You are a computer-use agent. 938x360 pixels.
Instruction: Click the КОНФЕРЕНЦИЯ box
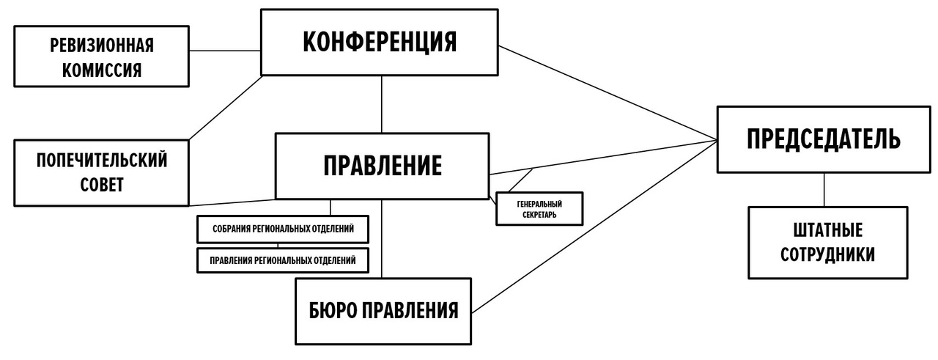[380, 42]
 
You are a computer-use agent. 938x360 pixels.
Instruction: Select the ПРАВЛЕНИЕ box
[382, 166]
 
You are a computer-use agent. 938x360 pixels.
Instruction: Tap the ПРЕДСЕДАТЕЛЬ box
[824, 139]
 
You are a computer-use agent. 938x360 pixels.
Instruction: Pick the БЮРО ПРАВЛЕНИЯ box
[382, 310]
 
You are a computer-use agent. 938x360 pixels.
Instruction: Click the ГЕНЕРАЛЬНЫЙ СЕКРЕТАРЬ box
[539, 208]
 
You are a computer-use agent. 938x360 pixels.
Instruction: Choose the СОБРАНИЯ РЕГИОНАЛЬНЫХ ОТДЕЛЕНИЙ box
[283, 229]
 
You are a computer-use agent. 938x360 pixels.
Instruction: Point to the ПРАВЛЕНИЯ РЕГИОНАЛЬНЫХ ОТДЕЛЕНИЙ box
[283, 260]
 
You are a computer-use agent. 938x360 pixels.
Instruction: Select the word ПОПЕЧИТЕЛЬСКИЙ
[101, 160]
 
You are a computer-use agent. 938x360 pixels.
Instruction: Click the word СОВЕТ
[101, 184]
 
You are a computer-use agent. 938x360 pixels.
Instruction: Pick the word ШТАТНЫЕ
[827, 230]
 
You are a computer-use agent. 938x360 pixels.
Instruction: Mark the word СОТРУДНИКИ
[827, 254]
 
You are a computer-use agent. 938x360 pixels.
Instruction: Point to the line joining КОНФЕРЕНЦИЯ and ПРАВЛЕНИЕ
[382, 103]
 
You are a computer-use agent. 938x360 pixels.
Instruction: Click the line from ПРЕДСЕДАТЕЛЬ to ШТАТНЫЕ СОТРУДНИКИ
[824, 189]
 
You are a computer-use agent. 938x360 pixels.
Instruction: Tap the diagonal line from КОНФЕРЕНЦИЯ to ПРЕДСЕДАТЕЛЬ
[608, 94]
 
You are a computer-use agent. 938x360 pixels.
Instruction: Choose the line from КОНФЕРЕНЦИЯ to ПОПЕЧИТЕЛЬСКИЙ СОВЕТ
[226, 107]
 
